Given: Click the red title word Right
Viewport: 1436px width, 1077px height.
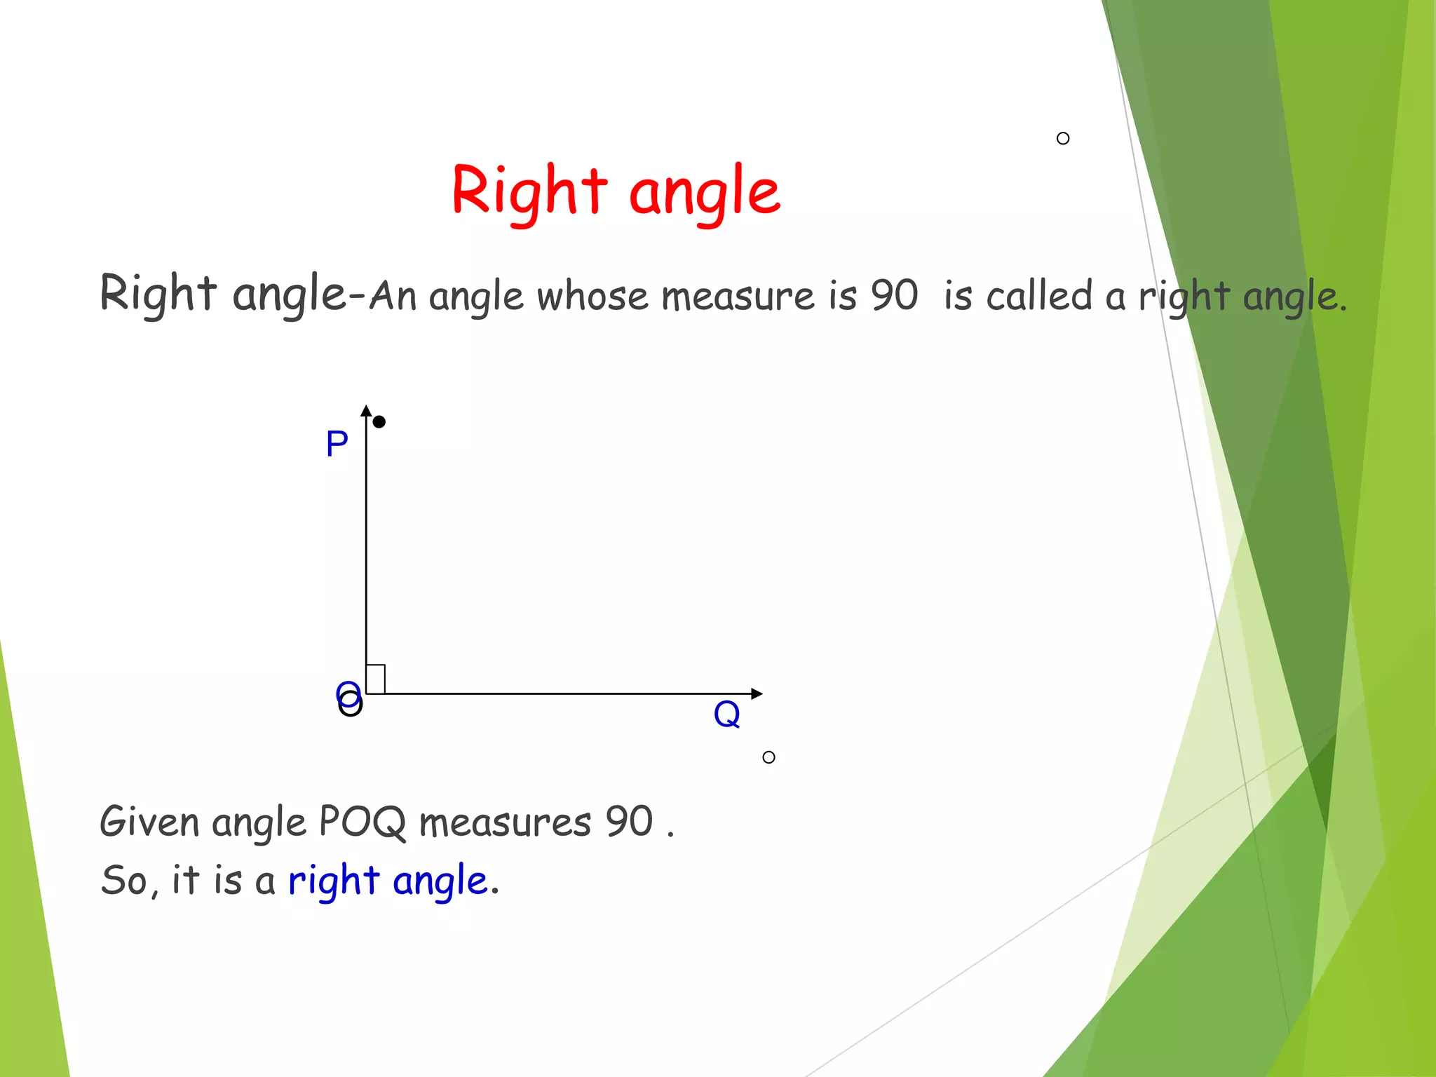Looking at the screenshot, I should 529,191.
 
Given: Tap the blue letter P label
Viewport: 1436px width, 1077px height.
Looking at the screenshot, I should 337,444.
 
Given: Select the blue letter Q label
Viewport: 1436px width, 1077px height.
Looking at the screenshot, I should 726,715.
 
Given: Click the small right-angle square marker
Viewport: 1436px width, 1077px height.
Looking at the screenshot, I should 376,679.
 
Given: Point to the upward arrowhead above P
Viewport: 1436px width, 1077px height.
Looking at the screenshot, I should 366,411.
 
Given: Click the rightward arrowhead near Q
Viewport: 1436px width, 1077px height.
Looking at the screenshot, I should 756,693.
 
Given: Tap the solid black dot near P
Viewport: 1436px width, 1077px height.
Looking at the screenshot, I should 379,422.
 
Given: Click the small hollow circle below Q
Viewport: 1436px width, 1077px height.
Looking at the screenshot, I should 768,757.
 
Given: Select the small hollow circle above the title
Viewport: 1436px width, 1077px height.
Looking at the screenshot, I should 1063,139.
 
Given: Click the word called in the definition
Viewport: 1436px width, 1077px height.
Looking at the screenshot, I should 1038,295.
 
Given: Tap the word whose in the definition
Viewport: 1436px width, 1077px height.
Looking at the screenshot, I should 592,296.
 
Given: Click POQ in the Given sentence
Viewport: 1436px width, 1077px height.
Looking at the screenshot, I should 362,822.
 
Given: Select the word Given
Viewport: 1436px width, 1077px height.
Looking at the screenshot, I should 149,822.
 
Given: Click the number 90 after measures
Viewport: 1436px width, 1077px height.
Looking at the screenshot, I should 629,822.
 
